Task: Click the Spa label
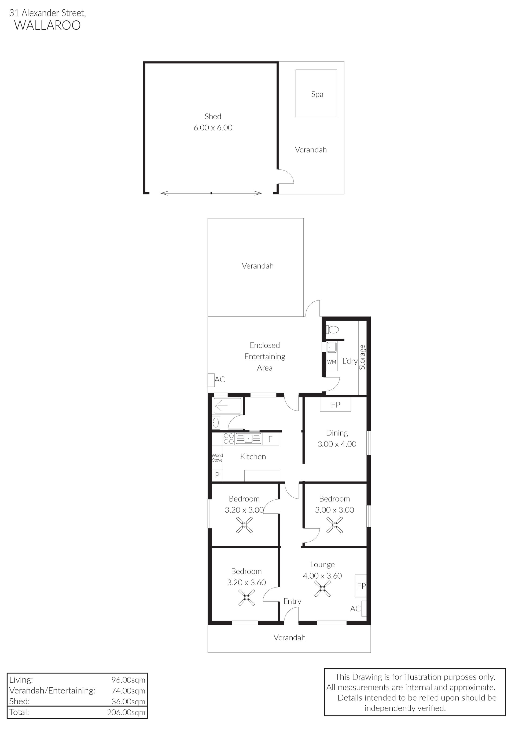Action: click(317, 94)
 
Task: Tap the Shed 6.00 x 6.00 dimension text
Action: click(213, 128)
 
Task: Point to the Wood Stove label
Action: click(217, 458)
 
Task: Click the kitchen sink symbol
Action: click(248, 438)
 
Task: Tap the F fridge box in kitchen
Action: click(270, 439)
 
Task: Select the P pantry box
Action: click(217, 475)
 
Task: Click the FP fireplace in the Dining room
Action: click(336, 405)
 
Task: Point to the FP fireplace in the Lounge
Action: click(360, 586)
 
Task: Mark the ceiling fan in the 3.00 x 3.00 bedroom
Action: click(335, 525)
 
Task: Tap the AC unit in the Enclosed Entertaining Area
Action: click(211, 380)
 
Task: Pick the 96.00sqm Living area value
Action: click(128, 680)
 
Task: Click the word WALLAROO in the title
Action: click(47, 26)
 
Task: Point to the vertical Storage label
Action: click(362, 357)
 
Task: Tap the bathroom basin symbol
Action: click(216, 423)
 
